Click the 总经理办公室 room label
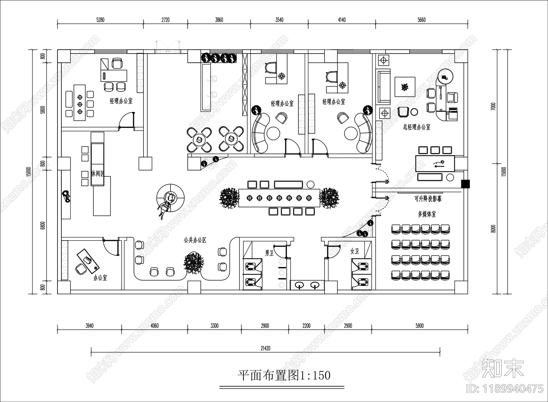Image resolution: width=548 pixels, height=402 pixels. [x=416, y=127]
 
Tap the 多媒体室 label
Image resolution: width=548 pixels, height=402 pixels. [x=427, y=214]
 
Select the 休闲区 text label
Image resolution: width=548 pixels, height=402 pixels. [x=98, y=174]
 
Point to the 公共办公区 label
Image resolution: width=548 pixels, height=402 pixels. [x=195, y=240]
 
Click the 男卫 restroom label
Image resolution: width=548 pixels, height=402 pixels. [x=269, y=253]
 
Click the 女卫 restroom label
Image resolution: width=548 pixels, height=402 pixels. [x=354, y=251]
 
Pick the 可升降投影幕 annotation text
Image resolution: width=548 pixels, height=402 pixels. [x=428, y=199]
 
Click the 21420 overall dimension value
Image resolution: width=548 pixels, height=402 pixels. [x=265, y=349]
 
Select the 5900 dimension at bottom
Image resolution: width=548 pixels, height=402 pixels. [x=419, y=326]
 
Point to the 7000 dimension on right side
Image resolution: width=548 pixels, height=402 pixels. [x=493, y=107]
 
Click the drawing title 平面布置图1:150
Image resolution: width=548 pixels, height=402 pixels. [x=284, y=375]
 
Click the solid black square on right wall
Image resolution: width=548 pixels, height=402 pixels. [x=465, y=184]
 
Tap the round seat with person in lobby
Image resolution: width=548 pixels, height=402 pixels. [x=170, y=197]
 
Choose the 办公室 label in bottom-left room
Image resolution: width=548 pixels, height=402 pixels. [x=100, y=278]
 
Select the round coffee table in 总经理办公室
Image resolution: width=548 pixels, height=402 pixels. [x=414, y=111]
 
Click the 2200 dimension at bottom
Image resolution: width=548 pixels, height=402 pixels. [x=306, y=326]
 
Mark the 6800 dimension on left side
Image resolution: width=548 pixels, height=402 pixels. [x=42, y=226]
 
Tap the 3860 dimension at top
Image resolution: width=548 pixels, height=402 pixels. [x=219, y=20]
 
